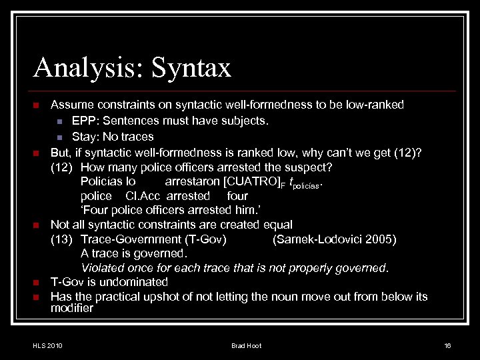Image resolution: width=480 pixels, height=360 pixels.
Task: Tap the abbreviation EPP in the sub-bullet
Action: [83, 121]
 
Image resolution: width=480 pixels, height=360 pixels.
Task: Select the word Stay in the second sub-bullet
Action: [84, 136]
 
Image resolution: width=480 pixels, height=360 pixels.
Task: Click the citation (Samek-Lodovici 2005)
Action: [335, 239]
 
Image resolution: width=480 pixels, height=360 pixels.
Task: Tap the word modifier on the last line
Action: [72, 309]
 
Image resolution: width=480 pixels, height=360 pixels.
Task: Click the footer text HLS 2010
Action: [47, 345]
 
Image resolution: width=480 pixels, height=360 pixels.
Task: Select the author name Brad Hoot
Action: [246, 345]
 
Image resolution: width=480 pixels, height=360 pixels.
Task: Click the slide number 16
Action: [447, 345]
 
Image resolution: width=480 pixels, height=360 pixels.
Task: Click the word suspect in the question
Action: [309, 166]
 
